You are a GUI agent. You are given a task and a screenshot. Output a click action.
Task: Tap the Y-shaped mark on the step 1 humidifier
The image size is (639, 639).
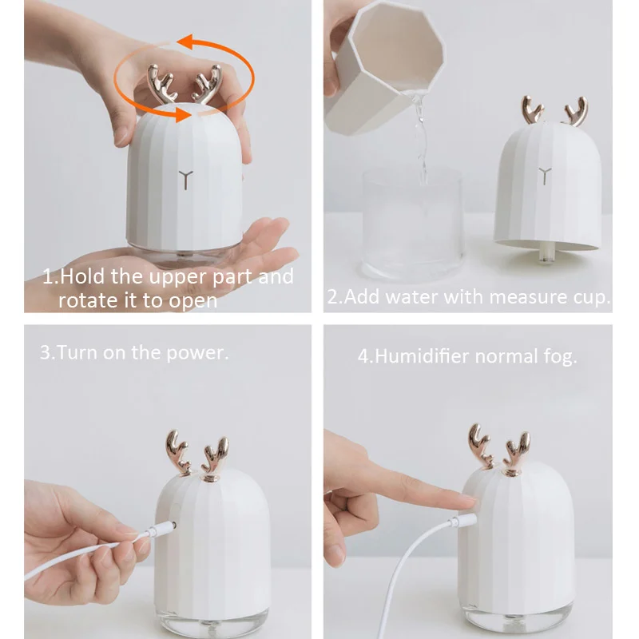pos(185,178)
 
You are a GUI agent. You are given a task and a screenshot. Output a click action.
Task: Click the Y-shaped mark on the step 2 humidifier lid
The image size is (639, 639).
pos(546,174)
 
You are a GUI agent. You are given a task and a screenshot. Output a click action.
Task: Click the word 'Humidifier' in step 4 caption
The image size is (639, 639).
pos(423,356)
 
